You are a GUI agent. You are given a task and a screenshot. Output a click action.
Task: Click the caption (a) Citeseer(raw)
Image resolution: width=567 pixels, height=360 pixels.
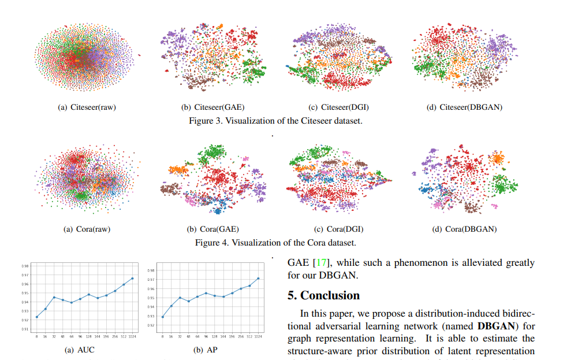[86, 107]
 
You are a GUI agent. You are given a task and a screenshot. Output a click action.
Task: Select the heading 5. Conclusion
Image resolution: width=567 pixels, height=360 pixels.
[323, 295]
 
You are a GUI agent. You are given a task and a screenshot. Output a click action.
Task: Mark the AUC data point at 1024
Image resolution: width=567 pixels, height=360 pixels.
[132, 279]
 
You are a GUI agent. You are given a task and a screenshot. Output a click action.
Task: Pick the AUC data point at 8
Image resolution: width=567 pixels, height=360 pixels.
[37, 317]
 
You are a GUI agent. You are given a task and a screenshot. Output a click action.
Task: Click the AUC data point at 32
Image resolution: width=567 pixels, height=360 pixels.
[54, 298]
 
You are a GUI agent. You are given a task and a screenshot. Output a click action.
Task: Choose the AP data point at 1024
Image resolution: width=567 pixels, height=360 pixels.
[258, 279]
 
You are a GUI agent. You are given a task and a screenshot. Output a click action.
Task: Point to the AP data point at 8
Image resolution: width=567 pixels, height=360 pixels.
[163, 317]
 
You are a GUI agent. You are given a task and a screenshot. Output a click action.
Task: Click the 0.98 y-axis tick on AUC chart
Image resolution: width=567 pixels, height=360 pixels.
[25, 266]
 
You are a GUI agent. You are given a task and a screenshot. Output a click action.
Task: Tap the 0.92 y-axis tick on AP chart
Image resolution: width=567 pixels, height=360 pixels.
[151, 325]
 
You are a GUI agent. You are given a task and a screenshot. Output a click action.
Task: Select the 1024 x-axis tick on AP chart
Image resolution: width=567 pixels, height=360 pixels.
[258, 336]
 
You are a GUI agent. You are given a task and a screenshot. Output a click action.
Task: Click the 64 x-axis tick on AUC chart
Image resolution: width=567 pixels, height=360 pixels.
[72, 336]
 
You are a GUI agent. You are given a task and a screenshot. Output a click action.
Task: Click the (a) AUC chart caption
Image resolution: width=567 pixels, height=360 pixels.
[80, 350]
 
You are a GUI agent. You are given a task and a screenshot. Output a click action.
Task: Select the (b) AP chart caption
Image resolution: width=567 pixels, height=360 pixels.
[207, 350]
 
